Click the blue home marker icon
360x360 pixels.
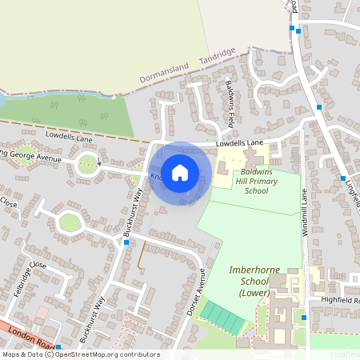[180, 171]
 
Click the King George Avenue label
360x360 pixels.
[36, 155]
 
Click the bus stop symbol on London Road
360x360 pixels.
[58, 346]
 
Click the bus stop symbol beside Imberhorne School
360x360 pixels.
[304, 318]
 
